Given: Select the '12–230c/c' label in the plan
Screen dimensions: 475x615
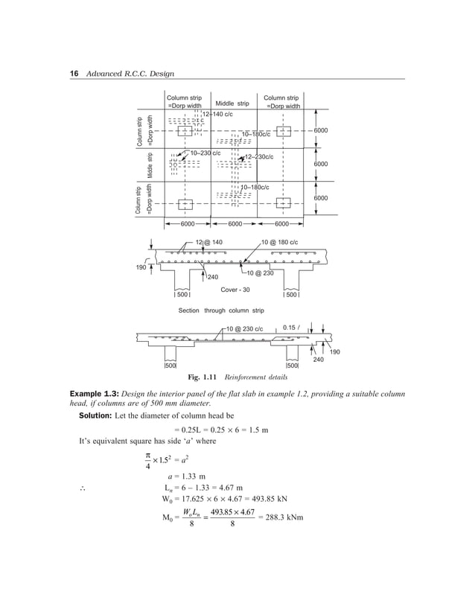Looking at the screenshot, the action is (259, 157).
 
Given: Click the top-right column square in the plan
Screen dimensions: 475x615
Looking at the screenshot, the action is (283, 131).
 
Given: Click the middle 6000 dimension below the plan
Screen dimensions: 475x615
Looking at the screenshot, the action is (235, 223).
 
